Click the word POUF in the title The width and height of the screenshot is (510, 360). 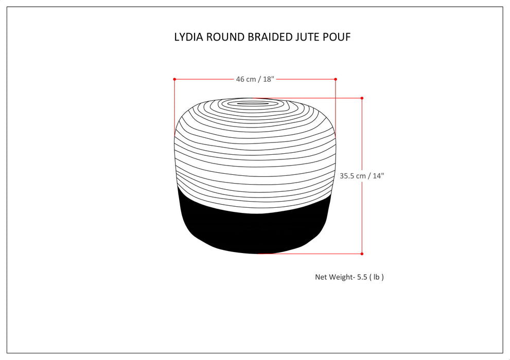338,37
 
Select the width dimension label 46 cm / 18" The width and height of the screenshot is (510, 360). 255,79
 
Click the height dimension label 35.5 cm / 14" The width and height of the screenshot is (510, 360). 362,175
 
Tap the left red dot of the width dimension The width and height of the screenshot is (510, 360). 174,79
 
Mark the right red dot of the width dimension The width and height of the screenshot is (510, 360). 336,79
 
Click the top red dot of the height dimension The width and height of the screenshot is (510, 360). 362,98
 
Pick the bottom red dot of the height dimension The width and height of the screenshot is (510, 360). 362,254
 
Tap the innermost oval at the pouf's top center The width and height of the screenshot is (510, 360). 252,104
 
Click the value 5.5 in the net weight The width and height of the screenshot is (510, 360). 363,277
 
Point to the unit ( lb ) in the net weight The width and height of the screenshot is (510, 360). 378,277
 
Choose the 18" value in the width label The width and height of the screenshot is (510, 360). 269,79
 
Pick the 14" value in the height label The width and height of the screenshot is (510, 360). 378,175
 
